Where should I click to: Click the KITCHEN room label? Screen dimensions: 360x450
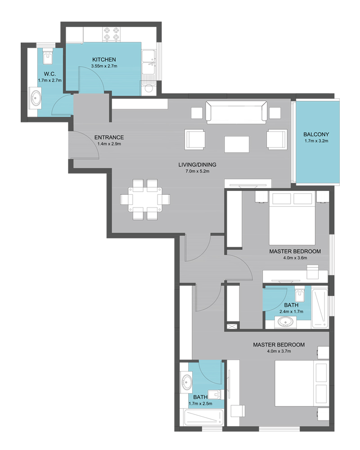(104, 60)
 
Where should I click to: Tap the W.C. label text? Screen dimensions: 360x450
(49, 74)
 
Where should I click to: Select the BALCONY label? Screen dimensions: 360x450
(316, 134)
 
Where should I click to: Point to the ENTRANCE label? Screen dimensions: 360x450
(109, 137)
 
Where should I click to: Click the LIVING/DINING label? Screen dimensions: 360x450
(197, 165)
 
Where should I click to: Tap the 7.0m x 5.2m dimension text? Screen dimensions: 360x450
(197, 171)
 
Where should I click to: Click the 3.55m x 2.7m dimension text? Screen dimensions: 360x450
(104, 66)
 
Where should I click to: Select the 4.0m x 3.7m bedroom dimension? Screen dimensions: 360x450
(279, 351)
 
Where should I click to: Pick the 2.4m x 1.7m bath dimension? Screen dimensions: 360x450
(292, 311)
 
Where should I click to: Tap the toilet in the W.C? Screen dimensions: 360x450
(47, 57)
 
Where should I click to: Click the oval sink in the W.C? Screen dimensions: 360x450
(36, 99)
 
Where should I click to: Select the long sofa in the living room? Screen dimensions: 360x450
(236, 112)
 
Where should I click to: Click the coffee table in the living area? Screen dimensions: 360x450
(237, 144)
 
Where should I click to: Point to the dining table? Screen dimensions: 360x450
(145, 199)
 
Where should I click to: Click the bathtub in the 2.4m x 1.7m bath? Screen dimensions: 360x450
(320, 309)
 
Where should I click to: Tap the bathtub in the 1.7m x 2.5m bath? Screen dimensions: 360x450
(204, 418)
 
